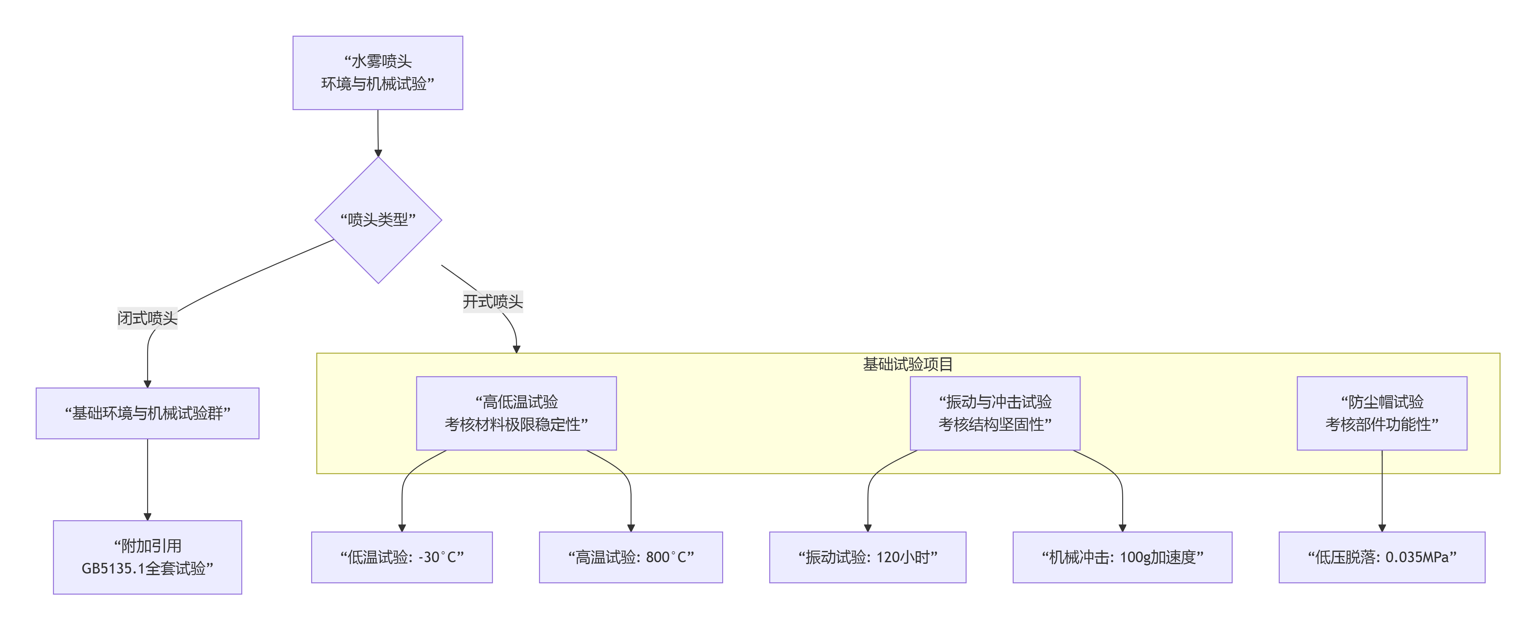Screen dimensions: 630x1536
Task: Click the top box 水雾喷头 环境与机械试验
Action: tap(377, 73)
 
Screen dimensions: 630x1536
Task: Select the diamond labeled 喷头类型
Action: tap(378, 220)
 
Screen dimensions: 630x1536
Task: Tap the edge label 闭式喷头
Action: tap(147, 318)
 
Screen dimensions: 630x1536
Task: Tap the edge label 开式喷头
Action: tap(493, 301)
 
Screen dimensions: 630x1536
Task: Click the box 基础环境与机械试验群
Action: tap(147, 414)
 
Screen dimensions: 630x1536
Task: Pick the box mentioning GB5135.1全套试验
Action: tap(147, 557)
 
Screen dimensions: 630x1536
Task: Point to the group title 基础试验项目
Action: tap(908, 364)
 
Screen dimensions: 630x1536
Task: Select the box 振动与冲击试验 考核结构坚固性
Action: tap(995, 413)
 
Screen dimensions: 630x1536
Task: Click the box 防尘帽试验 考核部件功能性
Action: tap(1382, 413)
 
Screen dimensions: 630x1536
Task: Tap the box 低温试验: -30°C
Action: tap(402, 557)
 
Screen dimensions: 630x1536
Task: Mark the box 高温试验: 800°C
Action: tap(631, 557)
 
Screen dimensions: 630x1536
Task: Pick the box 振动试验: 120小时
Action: tap(867, 557)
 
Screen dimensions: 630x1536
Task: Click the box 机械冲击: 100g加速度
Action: tap(1122, 557)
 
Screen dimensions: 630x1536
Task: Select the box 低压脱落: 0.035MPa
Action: tap(1382, 557)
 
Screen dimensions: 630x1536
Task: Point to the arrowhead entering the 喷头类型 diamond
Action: tap(378, 153)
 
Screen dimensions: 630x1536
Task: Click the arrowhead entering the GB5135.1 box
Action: tap(147, 517)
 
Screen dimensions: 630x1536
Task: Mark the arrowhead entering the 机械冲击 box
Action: tap(1122, 528)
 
